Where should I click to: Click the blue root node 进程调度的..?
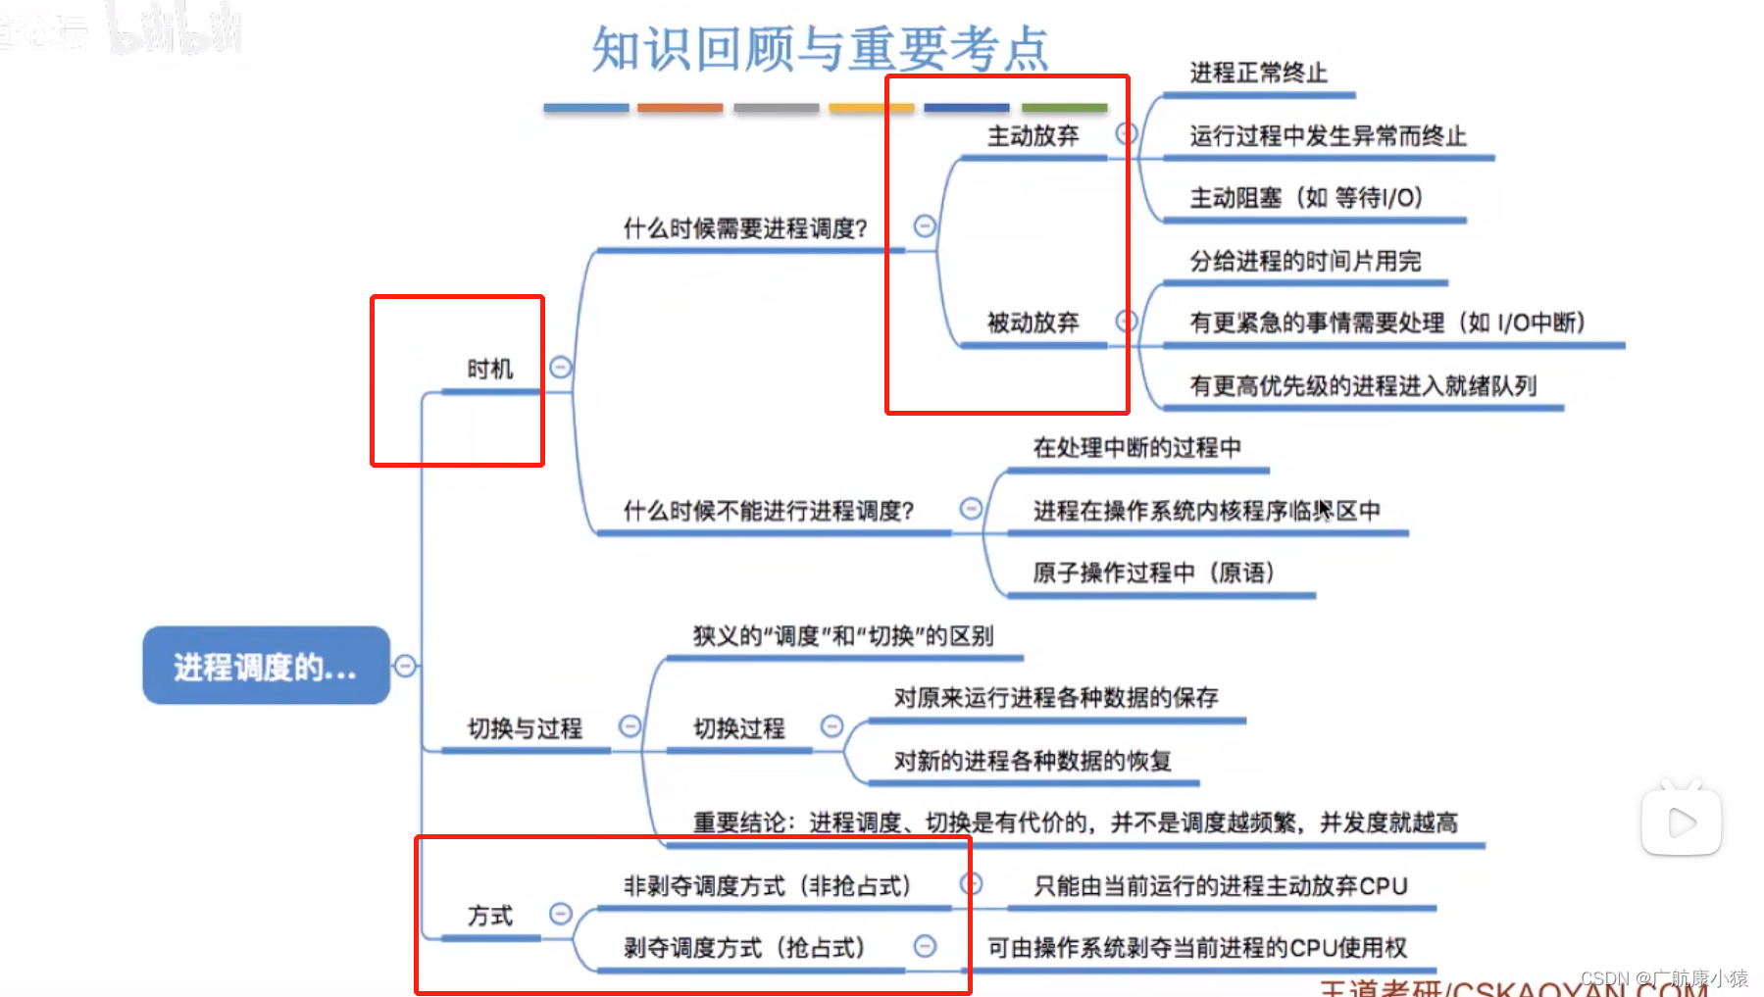tap(266, 666)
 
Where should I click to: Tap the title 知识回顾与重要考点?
tap(820, 49)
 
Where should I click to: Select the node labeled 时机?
tap(489, 370)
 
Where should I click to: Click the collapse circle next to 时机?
tap(561, 368)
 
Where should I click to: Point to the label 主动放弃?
tap(1033, 136)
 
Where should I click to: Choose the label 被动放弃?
tap(1033, 323)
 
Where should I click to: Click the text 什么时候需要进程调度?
tap(745, 229)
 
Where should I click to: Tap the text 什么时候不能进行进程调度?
tap(768, 511)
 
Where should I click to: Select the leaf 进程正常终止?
tap(1258, 74)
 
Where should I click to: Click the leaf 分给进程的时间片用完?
tap(1304, 262)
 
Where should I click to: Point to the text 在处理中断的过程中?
tap(1136, 448)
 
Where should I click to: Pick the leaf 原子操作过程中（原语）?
tap(1153, 573)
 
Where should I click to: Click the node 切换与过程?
tap(525, 728)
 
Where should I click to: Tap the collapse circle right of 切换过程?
tap(832, 726)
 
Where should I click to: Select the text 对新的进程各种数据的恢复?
tap(1033, 761)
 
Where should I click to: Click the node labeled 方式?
tap(489, 916)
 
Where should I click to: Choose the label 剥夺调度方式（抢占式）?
tap(744, 948)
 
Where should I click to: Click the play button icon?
tap(1681, 822)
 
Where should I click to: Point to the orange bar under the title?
tap(680, 108)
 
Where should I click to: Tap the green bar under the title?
tap(1064, 108)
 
